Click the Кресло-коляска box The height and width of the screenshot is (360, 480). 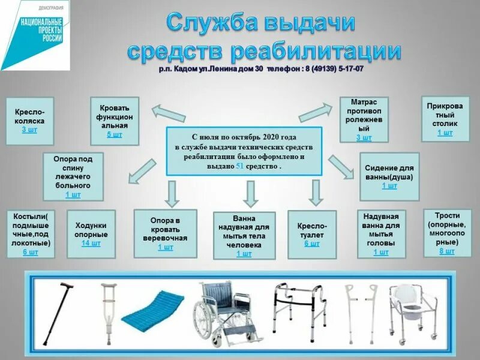click(29, 120)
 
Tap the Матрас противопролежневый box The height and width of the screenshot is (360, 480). click(364, 120)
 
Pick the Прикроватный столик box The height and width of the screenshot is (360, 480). click(445, 118)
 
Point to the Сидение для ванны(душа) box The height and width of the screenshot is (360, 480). click(389, 176)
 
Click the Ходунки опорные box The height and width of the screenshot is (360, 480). click(91, 234)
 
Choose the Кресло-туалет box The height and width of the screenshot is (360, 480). click(311, 235)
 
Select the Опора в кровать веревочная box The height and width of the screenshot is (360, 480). click(165, 233)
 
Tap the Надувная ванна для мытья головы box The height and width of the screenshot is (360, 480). click(381, 234)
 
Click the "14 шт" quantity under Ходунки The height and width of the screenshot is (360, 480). click(91, 244)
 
